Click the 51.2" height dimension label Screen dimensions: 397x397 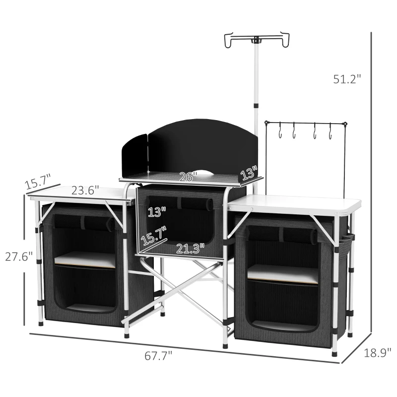click(x=347, y=78)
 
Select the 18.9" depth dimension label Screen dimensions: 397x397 click(x=375, y=353)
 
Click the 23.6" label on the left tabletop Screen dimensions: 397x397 click(x=84, y=191)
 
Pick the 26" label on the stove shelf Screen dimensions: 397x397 click(x=189, y=176)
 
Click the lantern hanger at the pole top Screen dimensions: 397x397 click(x=257, y=39)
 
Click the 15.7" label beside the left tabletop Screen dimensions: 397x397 click(x=38, y=181)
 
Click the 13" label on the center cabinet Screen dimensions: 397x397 click(x=157, y=212)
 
